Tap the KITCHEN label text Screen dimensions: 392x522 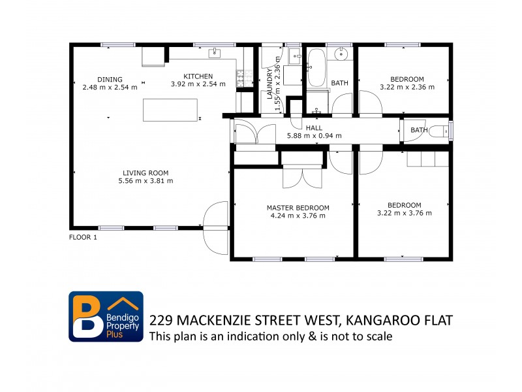pyautogui.click(x=198, y=76)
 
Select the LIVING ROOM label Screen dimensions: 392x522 pyautogui.click(x=146, y=173)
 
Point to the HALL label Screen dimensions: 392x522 pyautogui.click(x=314, y=128)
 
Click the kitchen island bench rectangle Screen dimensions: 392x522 pyautogui.click(x=170, y=110)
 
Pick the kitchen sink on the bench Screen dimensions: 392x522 pyautogui.click(x=214, y=53)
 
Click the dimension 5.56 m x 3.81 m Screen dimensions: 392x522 pyautogui.click(x=146, y=181)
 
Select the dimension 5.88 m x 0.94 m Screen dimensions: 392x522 pyautogui.click(x=314, y=136)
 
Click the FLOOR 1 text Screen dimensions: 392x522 pyautogui.click(x=83, y=238)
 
